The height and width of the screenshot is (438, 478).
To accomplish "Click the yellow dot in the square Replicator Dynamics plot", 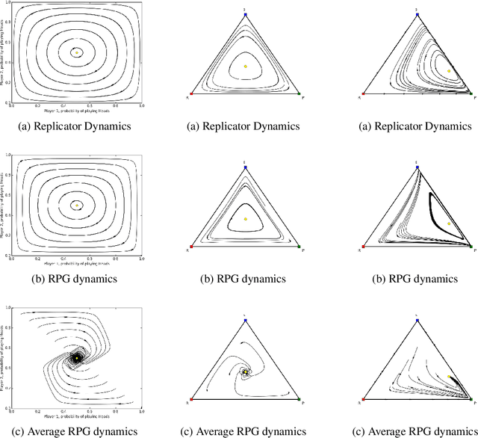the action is (76, 52).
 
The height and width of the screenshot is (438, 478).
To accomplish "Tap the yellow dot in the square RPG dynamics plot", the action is (76, 205).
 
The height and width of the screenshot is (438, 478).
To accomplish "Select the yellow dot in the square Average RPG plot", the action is (76, 359).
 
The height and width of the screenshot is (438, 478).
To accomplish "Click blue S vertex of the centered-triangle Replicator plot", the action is (245, 14).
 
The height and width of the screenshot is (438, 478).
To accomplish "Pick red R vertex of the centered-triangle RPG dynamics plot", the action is (191, 247).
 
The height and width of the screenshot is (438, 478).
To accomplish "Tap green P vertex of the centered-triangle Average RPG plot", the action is (299, 400).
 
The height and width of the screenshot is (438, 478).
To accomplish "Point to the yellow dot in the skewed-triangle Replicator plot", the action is (449, 70).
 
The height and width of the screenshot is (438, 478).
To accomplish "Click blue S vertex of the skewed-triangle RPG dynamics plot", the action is (417, 167).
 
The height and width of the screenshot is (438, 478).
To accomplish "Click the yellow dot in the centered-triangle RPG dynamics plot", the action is (245, 219).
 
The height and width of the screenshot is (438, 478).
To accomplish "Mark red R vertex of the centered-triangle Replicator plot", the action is (191, 94).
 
